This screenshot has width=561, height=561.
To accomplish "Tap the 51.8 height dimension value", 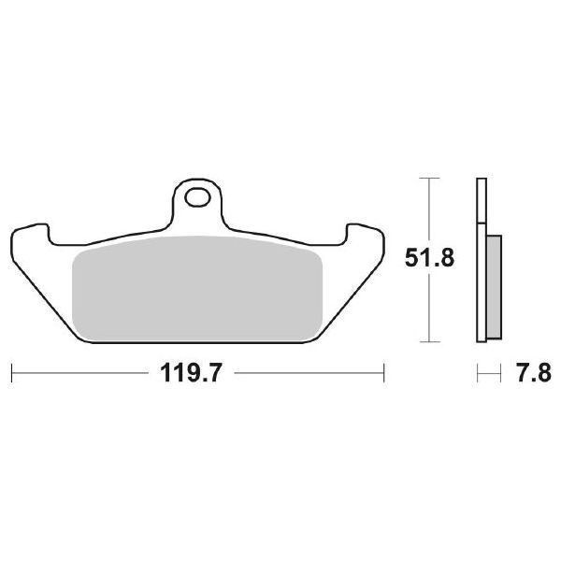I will pos(429,257).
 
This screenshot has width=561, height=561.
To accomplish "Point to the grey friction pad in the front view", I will pos(197,287).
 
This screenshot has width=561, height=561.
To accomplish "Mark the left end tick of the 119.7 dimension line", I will pos(11,374).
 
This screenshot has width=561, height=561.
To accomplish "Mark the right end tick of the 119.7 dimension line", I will pos(384,374).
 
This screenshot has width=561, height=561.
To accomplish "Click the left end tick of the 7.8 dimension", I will pos(477,374).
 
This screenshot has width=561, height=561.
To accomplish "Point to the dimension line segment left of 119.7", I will pos(84,374).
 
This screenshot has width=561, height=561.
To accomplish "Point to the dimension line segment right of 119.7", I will pos(309,374).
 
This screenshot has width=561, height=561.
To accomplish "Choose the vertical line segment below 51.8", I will pos(428,309).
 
